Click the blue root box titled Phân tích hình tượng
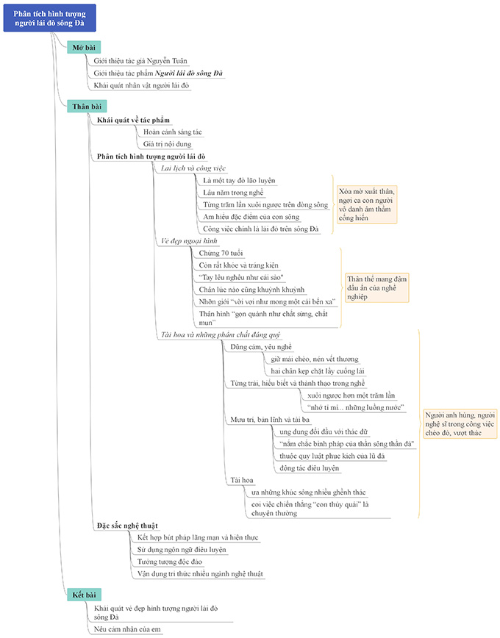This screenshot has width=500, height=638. (x=49, y=17)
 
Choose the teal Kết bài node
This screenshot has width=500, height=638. (x=82, y=594)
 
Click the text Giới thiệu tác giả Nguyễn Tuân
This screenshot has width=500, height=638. (x=142, y=61)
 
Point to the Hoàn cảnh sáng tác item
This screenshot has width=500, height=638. (x=172, y=132)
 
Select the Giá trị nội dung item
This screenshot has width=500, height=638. (x=167, y=144)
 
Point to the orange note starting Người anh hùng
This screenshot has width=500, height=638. (x=460, y=424)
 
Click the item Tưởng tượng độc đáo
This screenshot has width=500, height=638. (x=170, y=562)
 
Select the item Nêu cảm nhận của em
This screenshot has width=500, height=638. (x=127, y=629)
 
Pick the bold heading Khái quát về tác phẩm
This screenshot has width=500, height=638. (x=133, y=119)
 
